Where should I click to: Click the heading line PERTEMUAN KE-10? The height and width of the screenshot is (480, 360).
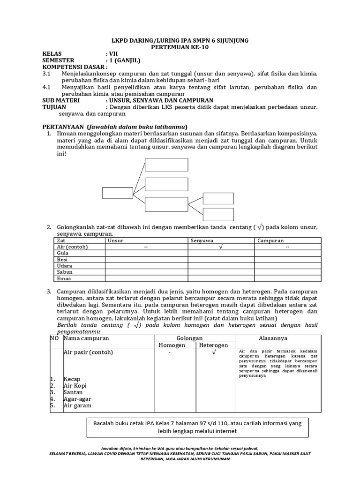(180, 47)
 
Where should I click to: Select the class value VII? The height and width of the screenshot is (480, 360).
(113, 54)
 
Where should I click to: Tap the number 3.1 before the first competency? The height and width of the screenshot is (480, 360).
(46, 74)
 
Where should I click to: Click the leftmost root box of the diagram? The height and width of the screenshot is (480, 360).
(117, 193)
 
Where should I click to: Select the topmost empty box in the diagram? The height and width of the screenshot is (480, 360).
(159, 165)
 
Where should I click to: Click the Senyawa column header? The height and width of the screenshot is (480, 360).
(202, 240)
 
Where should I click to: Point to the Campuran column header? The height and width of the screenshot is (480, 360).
(270, 240)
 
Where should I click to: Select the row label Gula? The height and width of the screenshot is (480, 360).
(62, 253)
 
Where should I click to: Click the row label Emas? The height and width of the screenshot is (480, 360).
(63, 278)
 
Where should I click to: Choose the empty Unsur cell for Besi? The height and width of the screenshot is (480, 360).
(146, 259)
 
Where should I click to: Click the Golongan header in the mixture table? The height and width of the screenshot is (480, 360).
(189, 338)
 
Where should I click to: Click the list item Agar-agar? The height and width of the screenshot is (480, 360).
(77, 399)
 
